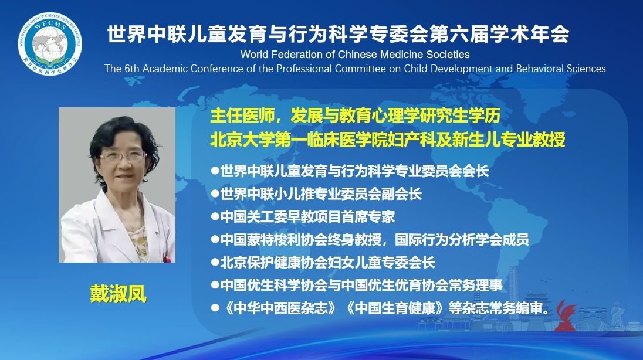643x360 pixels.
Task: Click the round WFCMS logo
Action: (50, 43)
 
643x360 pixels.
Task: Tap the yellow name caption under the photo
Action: (118, 294)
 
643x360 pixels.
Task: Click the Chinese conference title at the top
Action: (339, 33)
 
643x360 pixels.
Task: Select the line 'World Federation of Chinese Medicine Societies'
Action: (355, 55)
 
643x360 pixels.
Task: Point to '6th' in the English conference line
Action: (131, 69)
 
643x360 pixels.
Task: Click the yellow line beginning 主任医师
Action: (355, 116)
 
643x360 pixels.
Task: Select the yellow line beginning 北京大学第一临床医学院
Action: (388, 140)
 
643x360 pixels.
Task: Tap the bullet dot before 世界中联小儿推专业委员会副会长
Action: (215, 193)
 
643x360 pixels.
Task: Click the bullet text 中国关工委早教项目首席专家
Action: (307, 216)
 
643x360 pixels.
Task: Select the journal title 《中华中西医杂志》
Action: (280, 308)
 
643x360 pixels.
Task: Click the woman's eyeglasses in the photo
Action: (123, 156)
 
